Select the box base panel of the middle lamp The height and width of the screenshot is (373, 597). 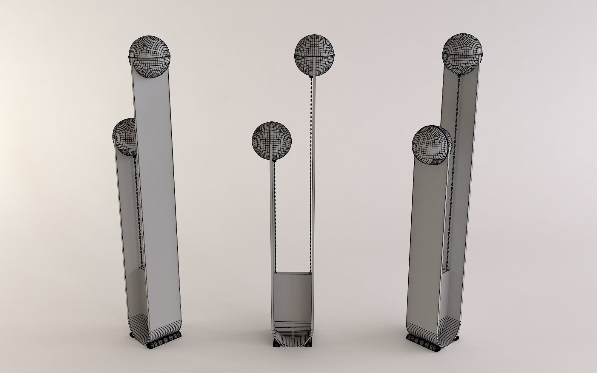[x=293, y=298]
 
